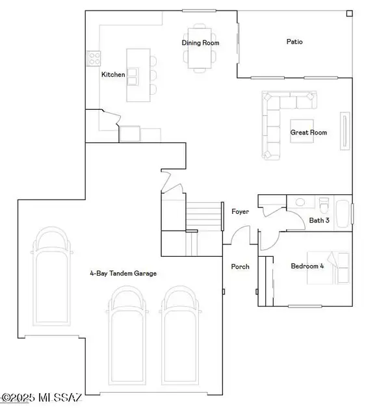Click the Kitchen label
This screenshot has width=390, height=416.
[113, 75]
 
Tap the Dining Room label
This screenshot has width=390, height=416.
[200, 43]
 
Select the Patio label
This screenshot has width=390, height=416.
[294, 42]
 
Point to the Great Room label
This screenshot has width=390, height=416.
[308, 133]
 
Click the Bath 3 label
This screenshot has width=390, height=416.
[319, 220]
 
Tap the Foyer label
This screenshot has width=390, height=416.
[240, 212]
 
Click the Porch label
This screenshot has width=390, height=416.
[240, 266]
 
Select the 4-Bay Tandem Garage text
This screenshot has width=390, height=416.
[123, 274]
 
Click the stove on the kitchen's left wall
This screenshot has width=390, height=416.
[92, 59]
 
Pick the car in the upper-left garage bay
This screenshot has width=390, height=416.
[49, 283]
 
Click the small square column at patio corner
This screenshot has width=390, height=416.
[349, 13]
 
